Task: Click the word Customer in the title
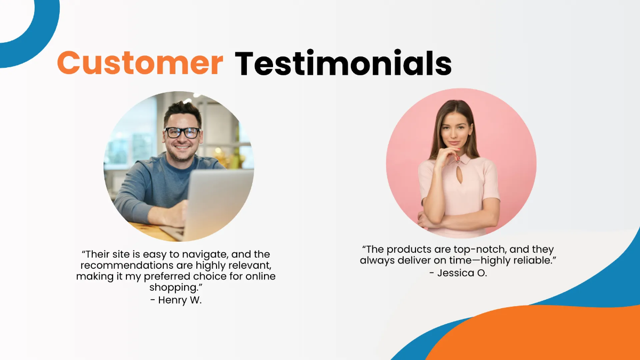point(140,63)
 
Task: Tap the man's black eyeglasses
point(182,132)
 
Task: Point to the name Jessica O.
point(458,273)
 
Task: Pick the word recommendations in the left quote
point(132,266)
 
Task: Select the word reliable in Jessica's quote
point(528,261)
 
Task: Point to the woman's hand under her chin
point(451,156)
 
